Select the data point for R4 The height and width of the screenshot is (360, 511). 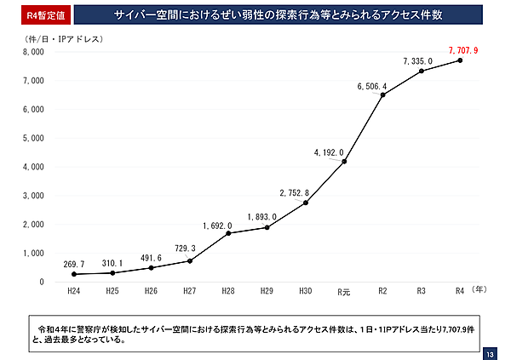point(459,60)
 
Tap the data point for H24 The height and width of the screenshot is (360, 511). point(74,274)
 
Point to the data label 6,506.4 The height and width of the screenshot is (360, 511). point(372,86)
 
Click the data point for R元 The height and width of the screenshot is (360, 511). point(344,161)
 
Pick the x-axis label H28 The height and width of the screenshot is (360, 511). point(229,291)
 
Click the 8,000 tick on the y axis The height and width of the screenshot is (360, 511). point(32,52)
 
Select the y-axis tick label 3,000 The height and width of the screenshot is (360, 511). point(32,196)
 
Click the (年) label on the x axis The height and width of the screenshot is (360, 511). point(479,290)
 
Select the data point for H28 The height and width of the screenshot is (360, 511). point(228,233)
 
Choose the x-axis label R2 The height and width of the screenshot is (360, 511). point(382,291)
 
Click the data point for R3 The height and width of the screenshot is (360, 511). point(421,71)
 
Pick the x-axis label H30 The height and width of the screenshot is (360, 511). point(306,291)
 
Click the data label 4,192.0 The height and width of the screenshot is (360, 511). point(329,152)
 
